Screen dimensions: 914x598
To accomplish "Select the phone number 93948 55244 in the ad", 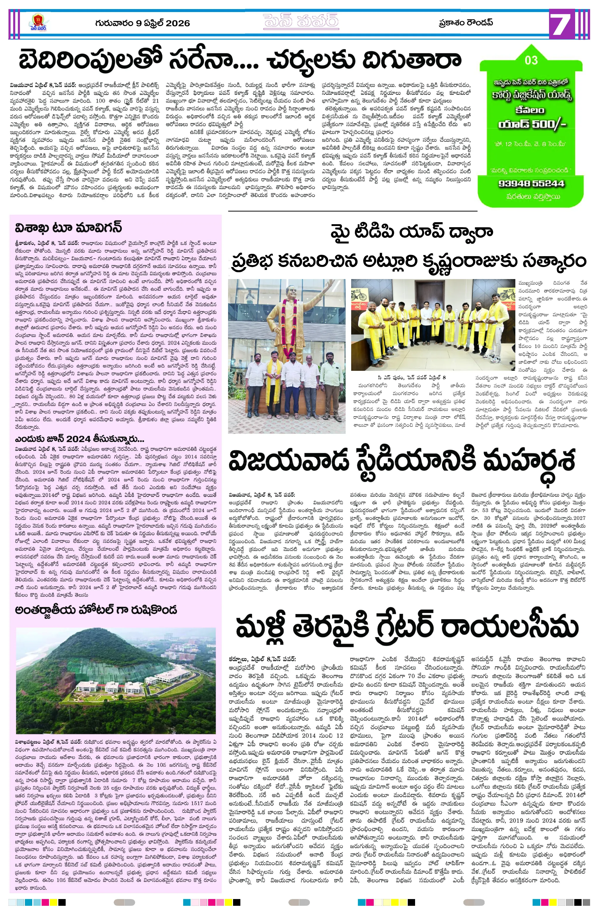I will point(531,183).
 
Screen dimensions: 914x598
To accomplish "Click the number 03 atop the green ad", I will point(531,60).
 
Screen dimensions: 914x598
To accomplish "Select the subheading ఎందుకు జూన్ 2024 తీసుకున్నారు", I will point(79,439).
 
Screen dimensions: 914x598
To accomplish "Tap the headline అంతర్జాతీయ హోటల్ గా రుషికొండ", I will point(96,610).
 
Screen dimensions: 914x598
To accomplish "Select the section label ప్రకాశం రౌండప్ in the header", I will point(466,23).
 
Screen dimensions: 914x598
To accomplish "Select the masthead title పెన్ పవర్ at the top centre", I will point(301,22).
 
